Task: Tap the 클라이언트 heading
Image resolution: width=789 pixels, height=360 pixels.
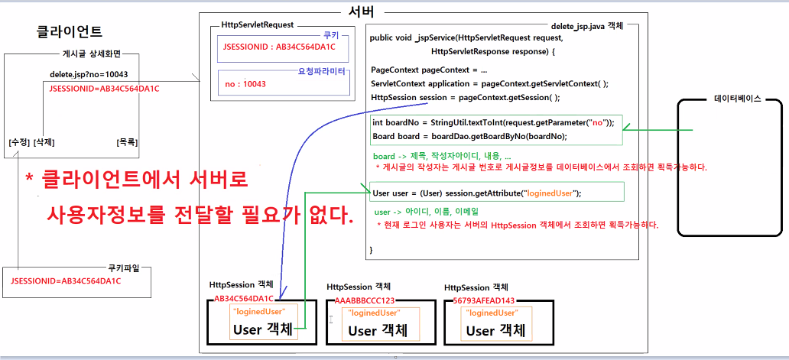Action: [x=70, y=33]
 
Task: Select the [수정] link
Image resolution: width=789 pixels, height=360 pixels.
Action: [x=18, y=143]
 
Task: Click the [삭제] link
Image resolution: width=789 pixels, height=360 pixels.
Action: [x=44, y=143]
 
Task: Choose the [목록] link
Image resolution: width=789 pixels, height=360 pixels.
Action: [x=127, y=143]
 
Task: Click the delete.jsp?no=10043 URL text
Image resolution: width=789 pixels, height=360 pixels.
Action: [x=83, y=75]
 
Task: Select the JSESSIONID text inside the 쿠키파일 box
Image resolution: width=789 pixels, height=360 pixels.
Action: [x=66, y=281]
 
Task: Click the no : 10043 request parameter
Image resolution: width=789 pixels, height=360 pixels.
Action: [x=245, y=84]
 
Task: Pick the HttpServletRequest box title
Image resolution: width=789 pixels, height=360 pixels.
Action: [x=257, y=25]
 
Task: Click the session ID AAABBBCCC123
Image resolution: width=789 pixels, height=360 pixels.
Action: [x=365, y=300]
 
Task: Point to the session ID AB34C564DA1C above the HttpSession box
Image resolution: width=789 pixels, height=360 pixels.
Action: [x=244, y=299]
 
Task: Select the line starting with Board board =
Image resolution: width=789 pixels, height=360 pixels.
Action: [x=469, y=136]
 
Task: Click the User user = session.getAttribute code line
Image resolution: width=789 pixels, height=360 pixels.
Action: [x=476, y=193]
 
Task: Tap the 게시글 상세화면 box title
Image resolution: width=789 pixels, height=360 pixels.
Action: [x=91, y=54]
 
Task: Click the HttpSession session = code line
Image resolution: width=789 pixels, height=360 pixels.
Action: [x=465, y=97]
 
